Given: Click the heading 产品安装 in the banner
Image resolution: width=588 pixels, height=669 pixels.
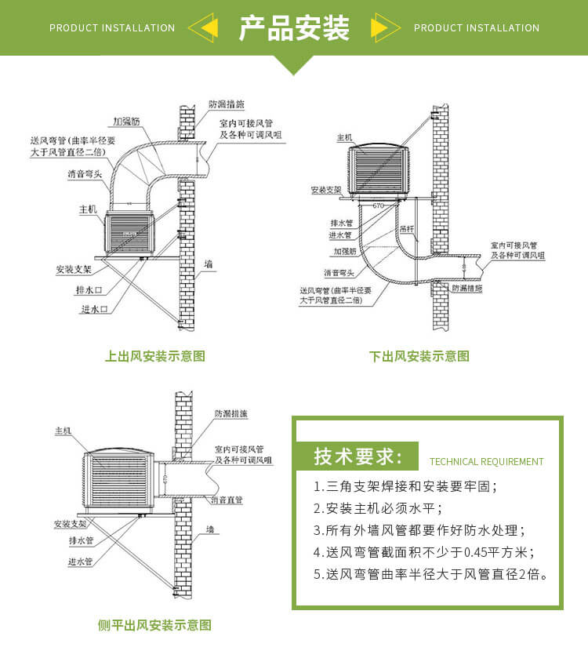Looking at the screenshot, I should [294, 28].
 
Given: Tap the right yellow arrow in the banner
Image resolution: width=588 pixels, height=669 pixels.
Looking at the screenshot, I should [382, 28].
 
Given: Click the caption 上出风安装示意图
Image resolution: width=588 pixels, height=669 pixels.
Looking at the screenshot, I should [155, 356].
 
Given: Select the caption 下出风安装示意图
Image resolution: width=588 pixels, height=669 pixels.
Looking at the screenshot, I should [419, 356].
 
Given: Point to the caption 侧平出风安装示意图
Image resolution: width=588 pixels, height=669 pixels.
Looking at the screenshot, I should [154, 625].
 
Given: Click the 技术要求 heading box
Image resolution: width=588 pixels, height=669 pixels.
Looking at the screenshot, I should [358, 456].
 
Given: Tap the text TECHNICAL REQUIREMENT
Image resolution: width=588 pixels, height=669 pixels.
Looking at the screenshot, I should [486, 462].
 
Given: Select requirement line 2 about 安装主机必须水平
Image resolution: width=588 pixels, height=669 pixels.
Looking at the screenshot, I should [379, 508].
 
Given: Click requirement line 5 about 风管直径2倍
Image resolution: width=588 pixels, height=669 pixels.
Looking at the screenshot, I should [430, 574].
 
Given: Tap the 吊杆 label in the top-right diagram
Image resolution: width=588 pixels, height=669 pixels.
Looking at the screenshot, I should [407, 229].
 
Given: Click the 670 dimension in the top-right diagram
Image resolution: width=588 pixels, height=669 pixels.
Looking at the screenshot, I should [379, 205].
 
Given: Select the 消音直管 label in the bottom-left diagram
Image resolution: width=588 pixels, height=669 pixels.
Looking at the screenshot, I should [227, 499].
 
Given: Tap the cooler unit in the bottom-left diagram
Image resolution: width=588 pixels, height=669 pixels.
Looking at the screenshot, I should [120, 479].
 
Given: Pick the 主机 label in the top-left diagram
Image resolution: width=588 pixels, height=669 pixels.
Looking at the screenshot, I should [87, 209].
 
